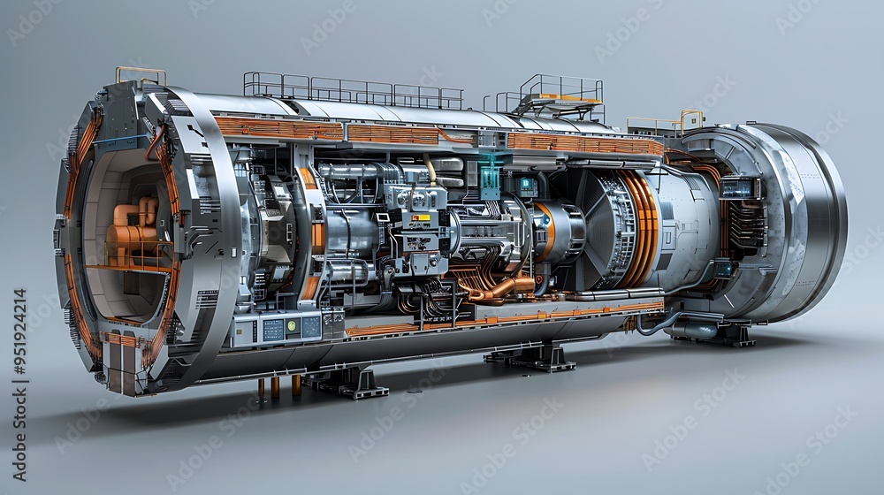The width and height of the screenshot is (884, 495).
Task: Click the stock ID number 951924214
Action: coord(19,385)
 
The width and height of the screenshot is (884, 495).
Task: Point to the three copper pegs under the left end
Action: coord(275,387)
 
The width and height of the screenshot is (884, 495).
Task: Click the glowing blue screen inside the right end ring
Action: coord(739,187)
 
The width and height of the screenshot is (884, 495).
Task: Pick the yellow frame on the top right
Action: coord(690,118)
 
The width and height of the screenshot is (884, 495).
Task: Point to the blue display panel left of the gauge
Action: coord(272,329)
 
